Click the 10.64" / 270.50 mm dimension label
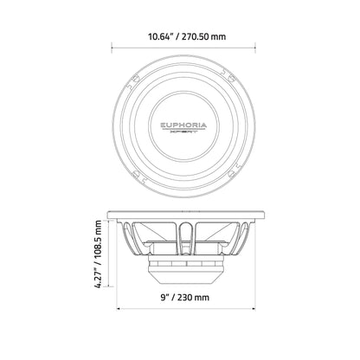click(187, 37)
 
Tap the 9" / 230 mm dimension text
click(185, 297)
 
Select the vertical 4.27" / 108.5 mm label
click(98, 254)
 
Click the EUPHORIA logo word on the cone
click(183, 125)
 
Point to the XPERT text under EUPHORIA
click(183, 132)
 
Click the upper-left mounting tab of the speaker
click(135, 78)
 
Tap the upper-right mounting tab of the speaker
click(232, 77)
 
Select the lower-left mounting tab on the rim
click(136, 174)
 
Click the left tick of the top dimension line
click(112, 48)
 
